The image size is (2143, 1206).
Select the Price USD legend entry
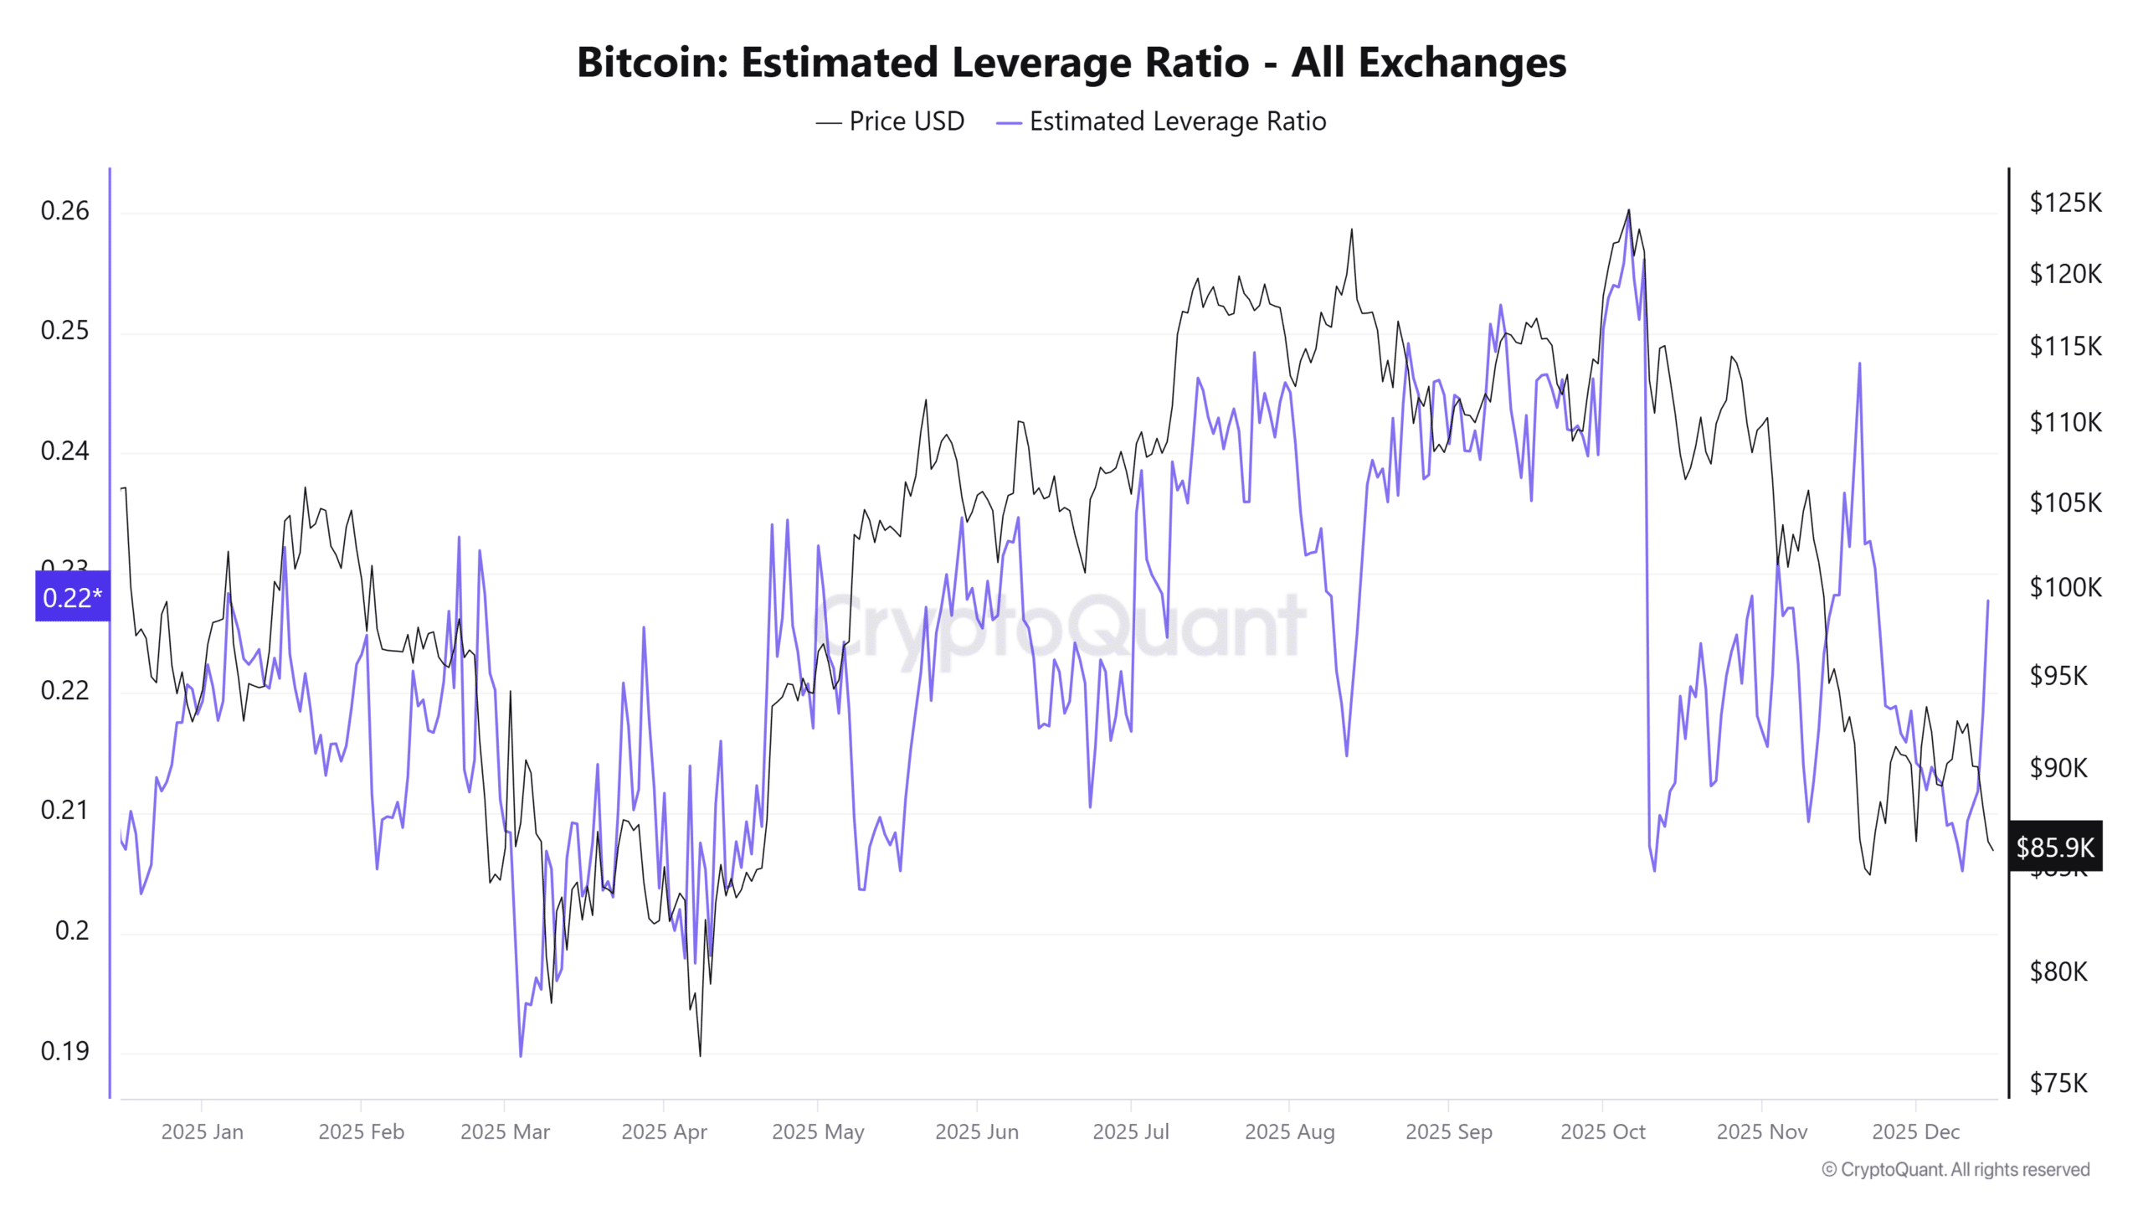click(x=891, y=121)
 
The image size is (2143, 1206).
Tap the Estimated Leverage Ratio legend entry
click(x=1162, y=121)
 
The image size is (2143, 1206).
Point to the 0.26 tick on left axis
click(x=64, y=211)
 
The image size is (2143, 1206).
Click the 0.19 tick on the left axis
click(x=64, y=1051)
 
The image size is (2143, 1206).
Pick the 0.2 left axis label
click(x=72, y=930)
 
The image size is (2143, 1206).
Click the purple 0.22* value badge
click(x=72, y=597)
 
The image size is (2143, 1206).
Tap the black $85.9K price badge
click(x=2055, y=848)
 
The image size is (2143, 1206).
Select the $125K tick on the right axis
click(x=2065, y=203)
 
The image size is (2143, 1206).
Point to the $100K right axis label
click(x=2065, y=587)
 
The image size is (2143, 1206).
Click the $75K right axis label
click(x=2058, y=1084)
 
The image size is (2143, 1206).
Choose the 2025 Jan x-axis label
click(x=202, y=1132)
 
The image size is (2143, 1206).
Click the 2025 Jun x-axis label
click(x=976, y=1132)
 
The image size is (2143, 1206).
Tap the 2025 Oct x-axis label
click(x=1602, y=1132)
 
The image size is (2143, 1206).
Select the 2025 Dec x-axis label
click(x=1915, y=1132)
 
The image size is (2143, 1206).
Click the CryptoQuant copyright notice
click(x=1955, y=1170)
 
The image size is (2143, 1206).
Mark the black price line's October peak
click(x=1628, y=210)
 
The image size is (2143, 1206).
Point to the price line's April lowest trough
click(x=700, y=1054)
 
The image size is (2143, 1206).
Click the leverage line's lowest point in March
click(x=521, y=1055)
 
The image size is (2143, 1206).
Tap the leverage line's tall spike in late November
click(x=1859, y=363)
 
